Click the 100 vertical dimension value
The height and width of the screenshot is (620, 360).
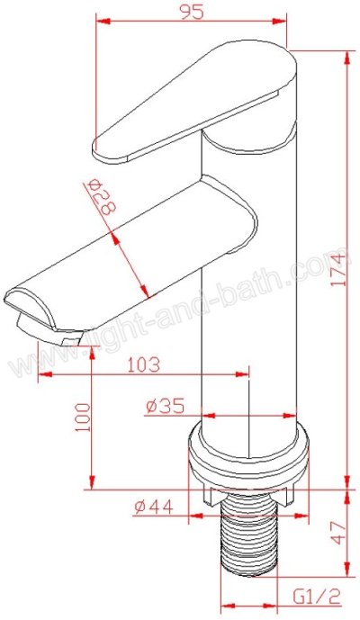[x=83, y=418]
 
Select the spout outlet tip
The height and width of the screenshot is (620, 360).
[x=40, y=315]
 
